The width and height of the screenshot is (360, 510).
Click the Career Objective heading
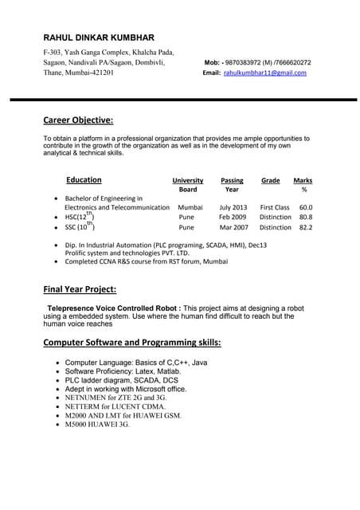pyautogui.click(x=78, y=121)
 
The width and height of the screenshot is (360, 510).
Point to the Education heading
pyautogui.click(x=84, y=180)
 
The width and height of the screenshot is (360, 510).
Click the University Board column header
pyautogui.click(x=188, y=185)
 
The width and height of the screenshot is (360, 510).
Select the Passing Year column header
pyautogui.click(x=232, y=185)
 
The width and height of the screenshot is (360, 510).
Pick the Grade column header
pyautogui.click(x=271, y=181)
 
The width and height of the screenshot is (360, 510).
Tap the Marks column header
pyautogui.click(x=303, y=185)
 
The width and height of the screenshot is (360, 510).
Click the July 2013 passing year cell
pyautogui.click(x=233, y=207)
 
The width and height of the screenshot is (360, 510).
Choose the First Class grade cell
pyautogui.click(x=275, y=207)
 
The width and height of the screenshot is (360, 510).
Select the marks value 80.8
pyautogui.click(x=306, y=217)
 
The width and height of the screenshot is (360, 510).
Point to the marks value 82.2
pyautogui.click(x=306, y=227)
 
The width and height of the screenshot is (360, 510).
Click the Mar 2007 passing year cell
pyautogui.click(x=233, y=227)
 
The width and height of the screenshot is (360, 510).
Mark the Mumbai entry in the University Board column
pyautogui.click(x=190, y=207)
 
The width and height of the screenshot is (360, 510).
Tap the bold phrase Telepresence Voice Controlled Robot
pyautogui.click(x=115, y=307)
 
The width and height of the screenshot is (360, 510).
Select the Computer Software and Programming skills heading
pyautogui.click(x=132, y=343)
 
